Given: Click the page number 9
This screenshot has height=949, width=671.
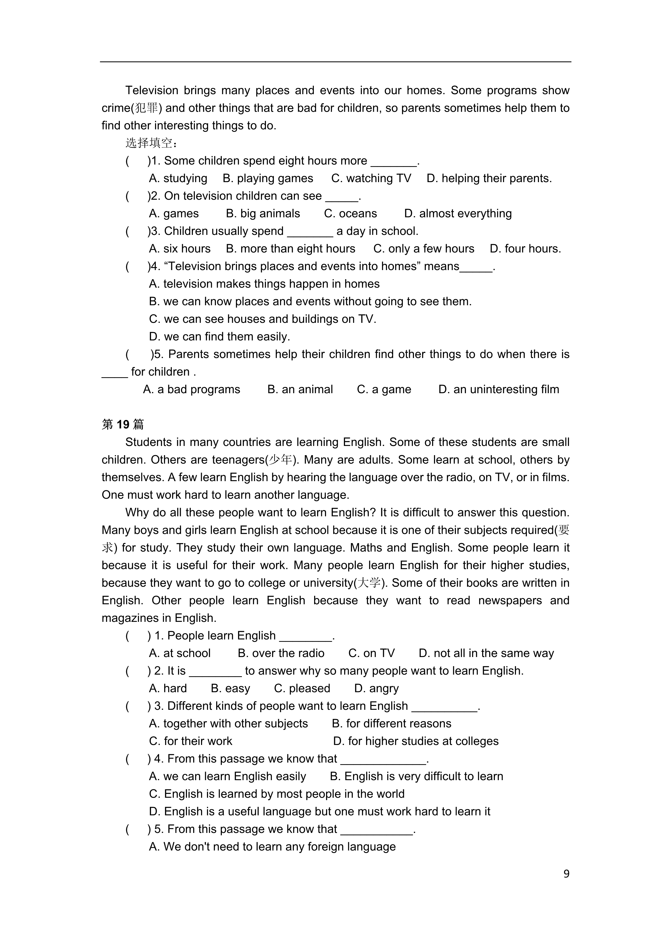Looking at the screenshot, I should click(x=566, y=873).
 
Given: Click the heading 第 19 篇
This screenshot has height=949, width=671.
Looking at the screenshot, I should click(x=123, y=425).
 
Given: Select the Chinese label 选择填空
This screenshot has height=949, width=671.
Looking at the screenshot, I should click(x=151, y=143).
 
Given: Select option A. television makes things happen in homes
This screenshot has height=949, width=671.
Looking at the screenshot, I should click(x=264, y=284).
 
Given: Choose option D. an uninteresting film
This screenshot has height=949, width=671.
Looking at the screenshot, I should click(x=499, y=389).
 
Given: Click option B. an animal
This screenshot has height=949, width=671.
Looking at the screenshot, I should click(x=300, y=389).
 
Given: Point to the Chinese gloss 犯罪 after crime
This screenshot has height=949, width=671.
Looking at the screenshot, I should click(x=146, y=108).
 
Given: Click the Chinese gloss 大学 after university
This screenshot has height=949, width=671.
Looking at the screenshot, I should click(x=369, y=583).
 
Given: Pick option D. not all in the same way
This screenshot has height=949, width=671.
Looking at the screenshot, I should click(x=486, y=653).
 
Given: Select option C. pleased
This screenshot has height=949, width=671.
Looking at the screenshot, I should click(x=302, y=688).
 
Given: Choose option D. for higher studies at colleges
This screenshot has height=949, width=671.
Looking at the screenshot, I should click(x=416, y=741).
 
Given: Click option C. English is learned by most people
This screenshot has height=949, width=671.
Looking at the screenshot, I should click(x=277, y=794).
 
